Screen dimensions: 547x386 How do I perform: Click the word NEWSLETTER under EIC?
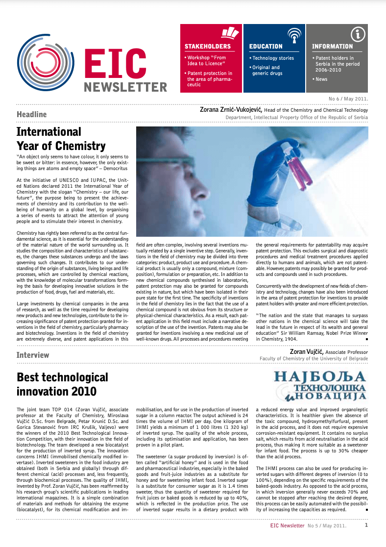(x=125, y=87)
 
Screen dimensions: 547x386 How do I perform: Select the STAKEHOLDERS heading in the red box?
(x=207, y=47)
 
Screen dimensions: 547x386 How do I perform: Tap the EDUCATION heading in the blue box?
(x=266, y=47)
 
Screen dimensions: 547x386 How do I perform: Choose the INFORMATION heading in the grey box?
(x=332, y=47)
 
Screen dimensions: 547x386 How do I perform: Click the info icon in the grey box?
(x=359, y=34)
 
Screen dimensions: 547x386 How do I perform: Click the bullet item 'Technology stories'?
(x=272, y=58)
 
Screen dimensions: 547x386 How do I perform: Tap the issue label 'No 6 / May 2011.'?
(x=348, y=99)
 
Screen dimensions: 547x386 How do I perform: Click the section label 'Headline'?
(x=32, y=115)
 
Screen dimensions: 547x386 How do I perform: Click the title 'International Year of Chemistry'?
(x=61, y=139)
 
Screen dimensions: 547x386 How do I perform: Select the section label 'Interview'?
(x=33, y=355)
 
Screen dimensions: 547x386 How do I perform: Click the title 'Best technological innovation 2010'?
(x=62, y=384)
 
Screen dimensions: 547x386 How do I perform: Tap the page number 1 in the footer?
(x=366, y=525)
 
